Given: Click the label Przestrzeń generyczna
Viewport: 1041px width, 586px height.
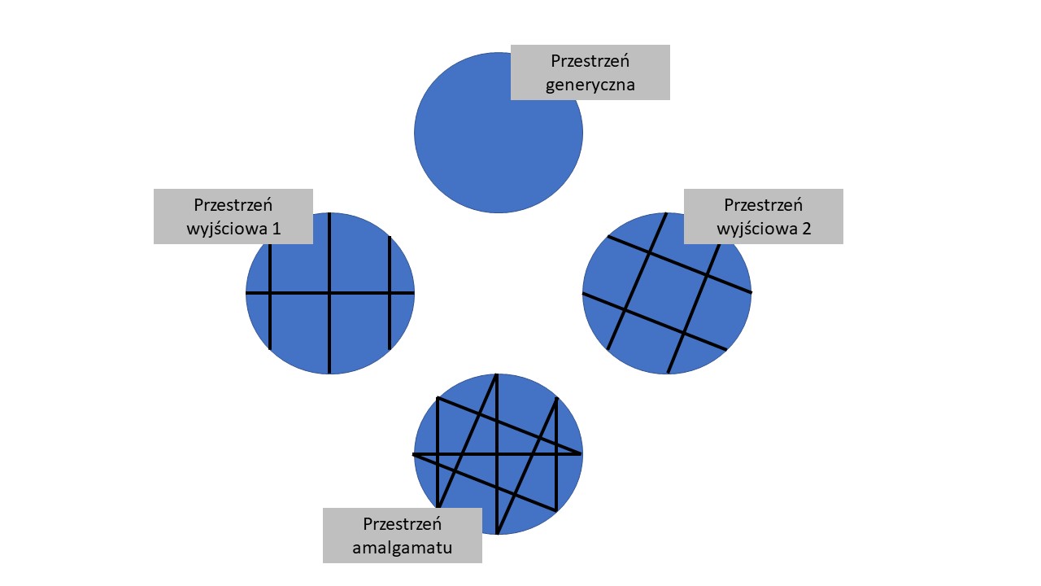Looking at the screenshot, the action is [590, 72].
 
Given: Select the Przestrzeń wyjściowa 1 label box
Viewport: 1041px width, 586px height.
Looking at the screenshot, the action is [233, 216].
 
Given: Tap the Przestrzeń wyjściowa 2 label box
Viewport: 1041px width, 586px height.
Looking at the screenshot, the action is [763, 216].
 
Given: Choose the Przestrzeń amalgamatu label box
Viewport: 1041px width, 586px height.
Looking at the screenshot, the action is [402, 535].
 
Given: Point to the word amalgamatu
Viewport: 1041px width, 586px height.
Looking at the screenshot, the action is [402, 547].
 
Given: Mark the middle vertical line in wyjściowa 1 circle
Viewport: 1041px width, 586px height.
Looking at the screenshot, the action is [329, 342].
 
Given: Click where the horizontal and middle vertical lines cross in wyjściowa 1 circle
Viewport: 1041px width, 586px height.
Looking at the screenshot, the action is [329, 292].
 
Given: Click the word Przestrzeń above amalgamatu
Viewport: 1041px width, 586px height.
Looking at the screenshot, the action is [402, 523].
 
